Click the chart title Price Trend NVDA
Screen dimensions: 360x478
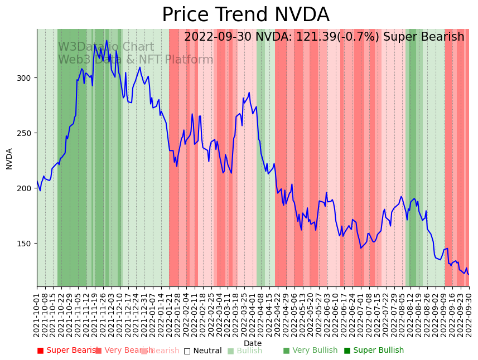[245, 15]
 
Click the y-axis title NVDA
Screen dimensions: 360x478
[9, 158]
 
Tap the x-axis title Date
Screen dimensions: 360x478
[253, 343]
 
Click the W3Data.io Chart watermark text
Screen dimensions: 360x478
[106, 47]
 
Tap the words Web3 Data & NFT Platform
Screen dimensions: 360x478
[136, 60]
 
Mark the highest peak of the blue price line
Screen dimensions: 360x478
[107, 40]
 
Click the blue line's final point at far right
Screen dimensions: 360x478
[469, 274]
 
